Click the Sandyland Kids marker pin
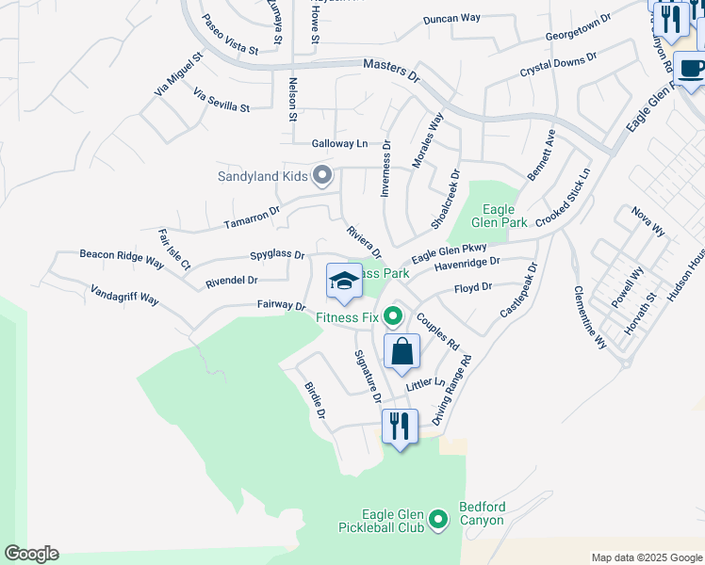pyautogui.click(x=322, y=175)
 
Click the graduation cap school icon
pyautogui.click(x=343, y=282)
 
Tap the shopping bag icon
pyautogui.click(x=402, y=351)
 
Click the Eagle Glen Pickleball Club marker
pyautogui.click(x=437, y=519)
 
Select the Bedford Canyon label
pyautogui.click(x=482, y=513)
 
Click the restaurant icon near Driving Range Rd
pyautogui.click(x=400, y=427)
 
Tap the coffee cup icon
pyautogui.click(x=689, y=68)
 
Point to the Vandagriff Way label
pyautogui.click(x=125, y=297)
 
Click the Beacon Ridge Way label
pyautogui.click(x=122, y=254)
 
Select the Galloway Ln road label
pyautogui.click(x=339, y=144)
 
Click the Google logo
pyautogui.click(x=31, y=554)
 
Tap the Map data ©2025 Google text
pyautogui.click(x=647, y=557)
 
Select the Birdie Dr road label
pyautogui.click(x=315, y=400)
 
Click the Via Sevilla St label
pyautogui.click(x=221, y=100)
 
